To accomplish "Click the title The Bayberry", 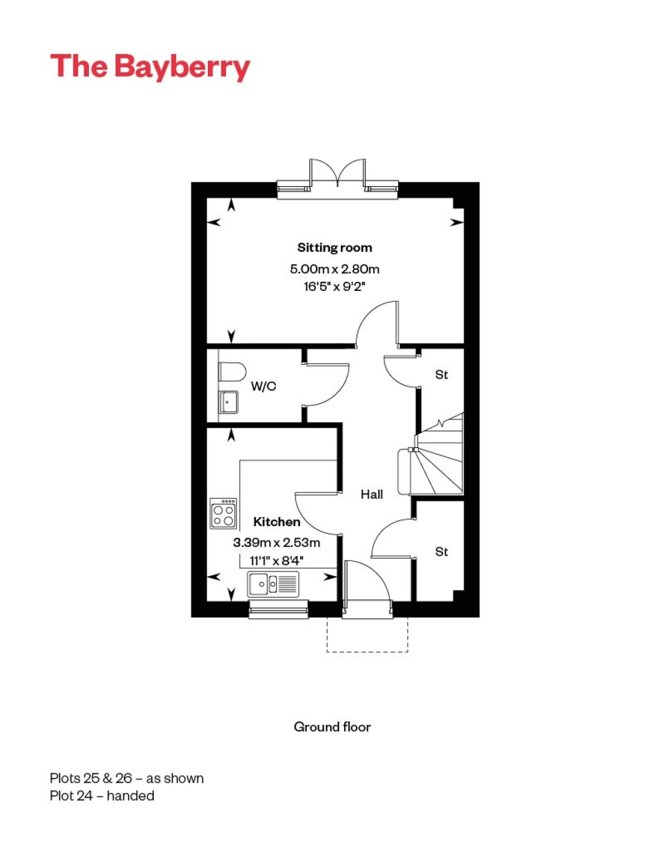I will point(150,67).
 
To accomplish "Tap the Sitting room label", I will point(334,247).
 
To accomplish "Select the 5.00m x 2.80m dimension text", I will point(334,269).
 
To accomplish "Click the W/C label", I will point(264,386).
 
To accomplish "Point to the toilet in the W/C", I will point(232,372).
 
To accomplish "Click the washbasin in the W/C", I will point(227,402).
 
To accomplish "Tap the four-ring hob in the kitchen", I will point(223,514).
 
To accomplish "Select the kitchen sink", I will point(273,584).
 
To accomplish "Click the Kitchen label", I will point(277,521).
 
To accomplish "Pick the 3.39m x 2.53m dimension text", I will point(277,542).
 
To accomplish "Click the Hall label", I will point(372,494).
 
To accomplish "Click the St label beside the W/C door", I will point(442,375).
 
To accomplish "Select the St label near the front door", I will point(442,551).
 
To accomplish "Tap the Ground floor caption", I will point(332,727).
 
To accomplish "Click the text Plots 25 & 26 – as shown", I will point(127,778).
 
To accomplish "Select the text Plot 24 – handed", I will point(102,796).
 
